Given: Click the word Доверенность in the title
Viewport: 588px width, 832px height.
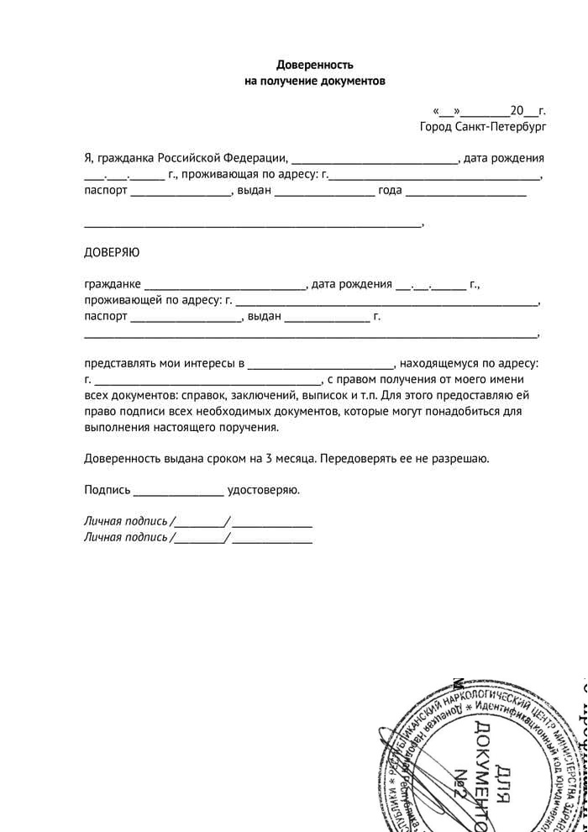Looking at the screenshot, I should coord(315,65).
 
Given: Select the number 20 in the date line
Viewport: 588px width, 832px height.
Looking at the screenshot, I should coord(517,110).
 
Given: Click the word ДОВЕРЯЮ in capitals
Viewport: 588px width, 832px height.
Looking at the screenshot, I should coord(112,253).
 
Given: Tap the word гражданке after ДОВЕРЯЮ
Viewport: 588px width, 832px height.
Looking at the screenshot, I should coord(113,284).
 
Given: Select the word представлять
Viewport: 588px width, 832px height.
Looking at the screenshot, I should coord(119,363).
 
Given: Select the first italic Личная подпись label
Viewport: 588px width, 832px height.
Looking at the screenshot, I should coord(126,521).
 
